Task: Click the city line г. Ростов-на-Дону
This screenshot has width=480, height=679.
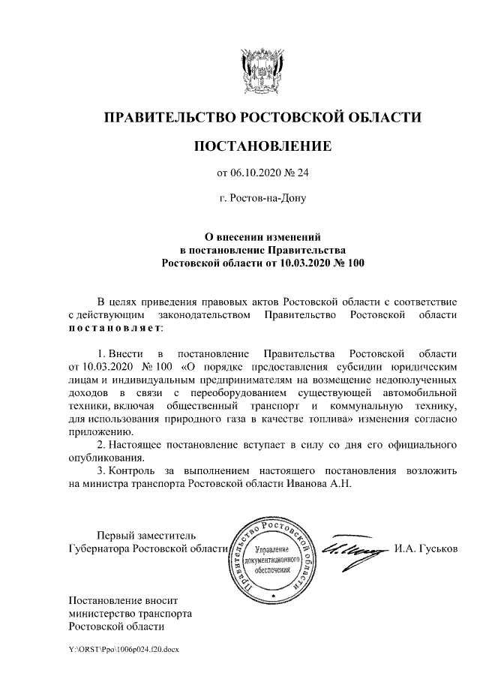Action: point(262,199)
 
